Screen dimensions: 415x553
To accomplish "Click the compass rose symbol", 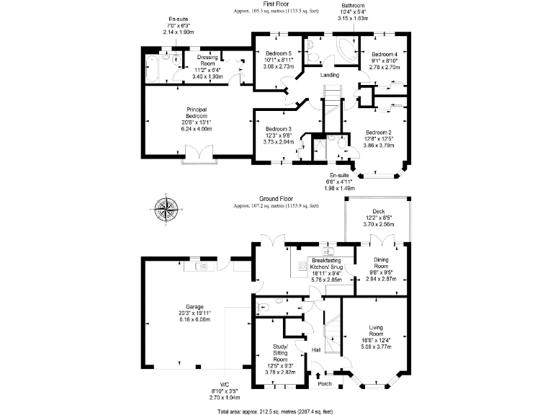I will pyautogui.click(x=166, y=210).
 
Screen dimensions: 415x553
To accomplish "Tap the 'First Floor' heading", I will pyautogui.click(x=276, y=4).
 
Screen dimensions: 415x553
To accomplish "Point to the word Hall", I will pyautogui.click(x=315, y=350).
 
